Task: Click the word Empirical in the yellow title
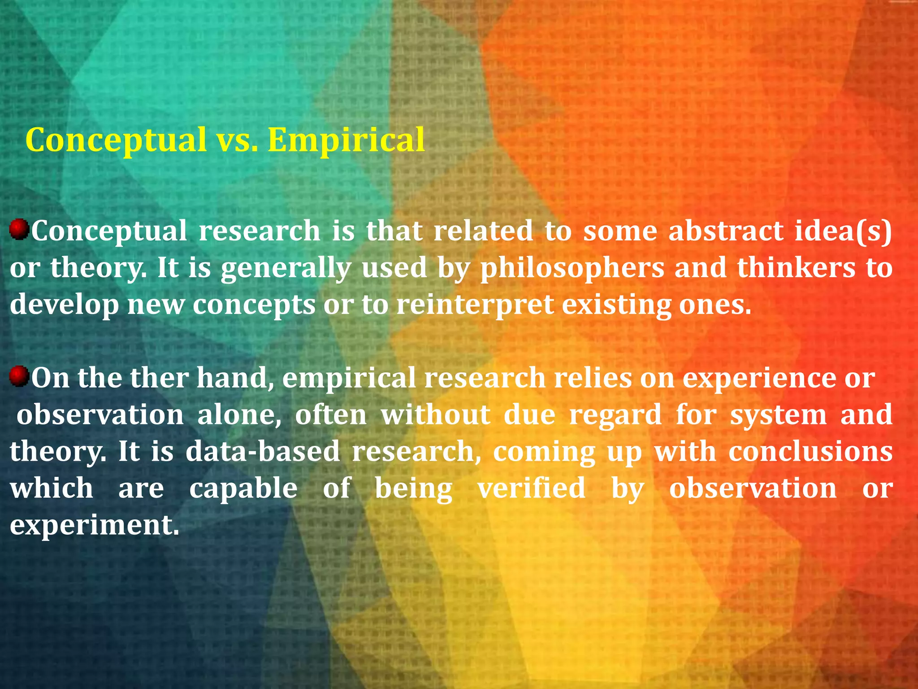[x=346, y=140]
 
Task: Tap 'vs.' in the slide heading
[x=237, y=140]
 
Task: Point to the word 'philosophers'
[x=572, y=268]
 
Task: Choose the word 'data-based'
[x=263, y=451]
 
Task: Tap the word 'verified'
[x=531, y=488]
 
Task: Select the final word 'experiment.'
[x=95, y=525]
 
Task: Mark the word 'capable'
[x=243, y=488]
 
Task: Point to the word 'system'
[x=778, y=414]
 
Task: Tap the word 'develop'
[x=64, y=305]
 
